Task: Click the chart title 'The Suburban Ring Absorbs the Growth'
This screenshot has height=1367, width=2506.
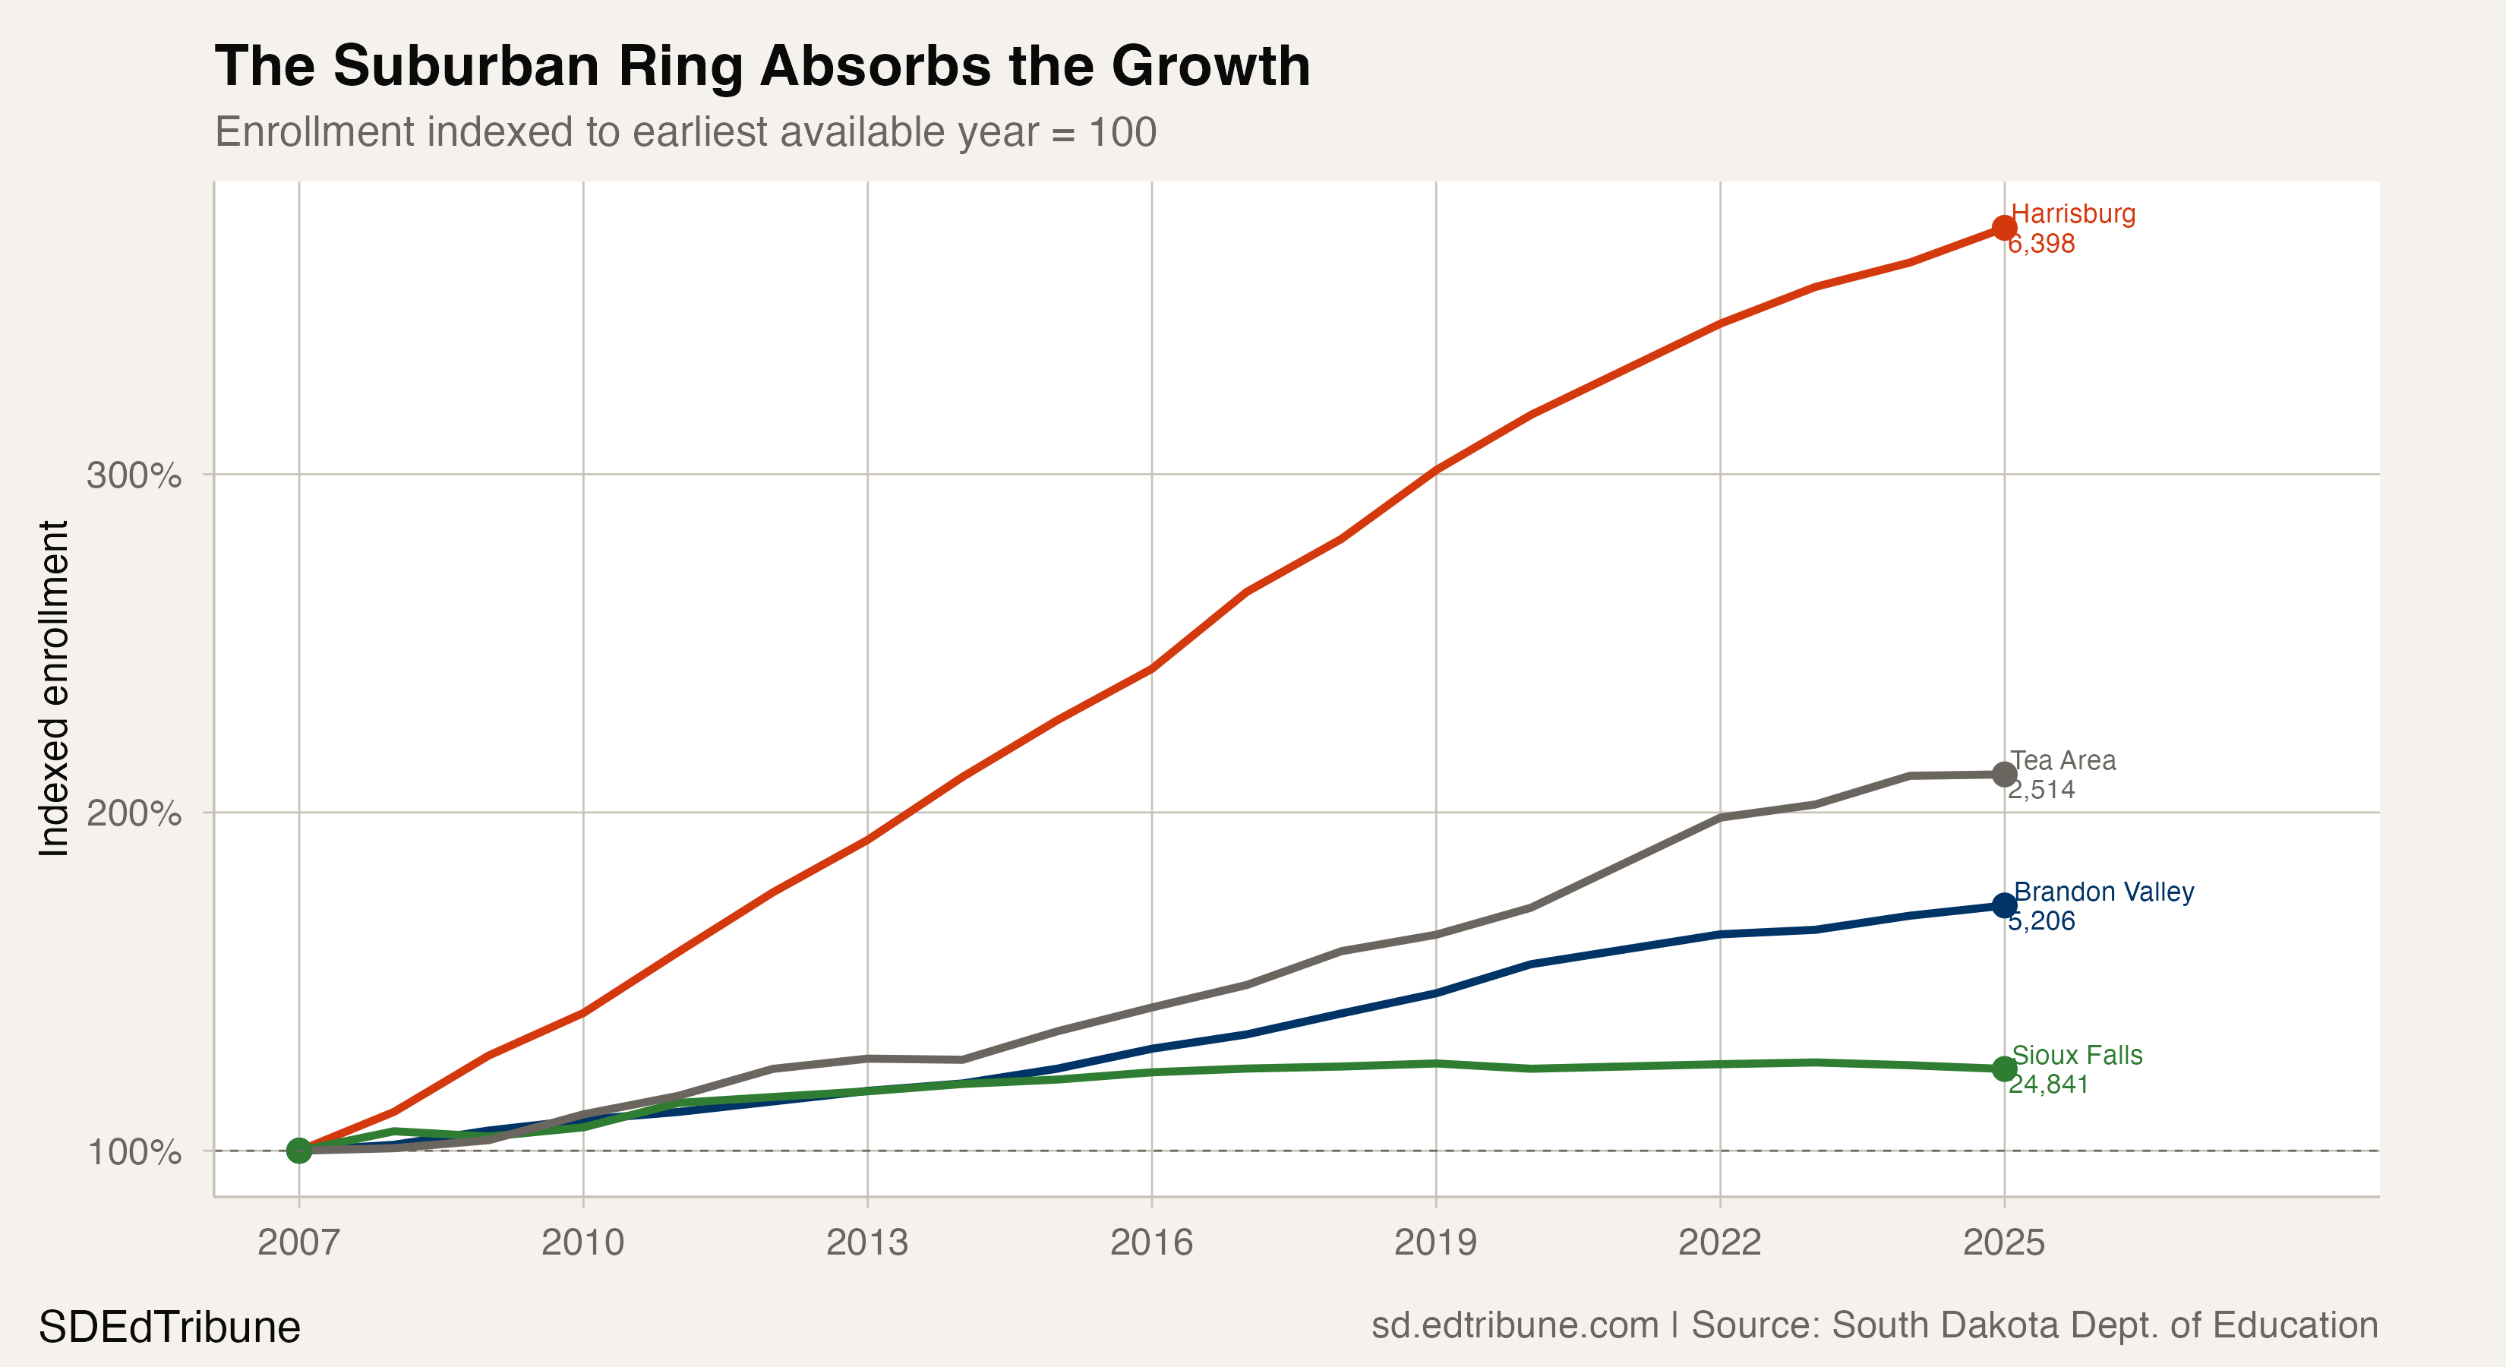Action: [x=762, y=66]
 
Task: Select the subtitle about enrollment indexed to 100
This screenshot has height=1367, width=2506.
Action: [x=685, y=132]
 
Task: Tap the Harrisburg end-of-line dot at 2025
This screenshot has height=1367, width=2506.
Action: [x=2004, y=228]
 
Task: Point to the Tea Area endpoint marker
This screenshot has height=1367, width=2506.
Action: [x=2004, y=775]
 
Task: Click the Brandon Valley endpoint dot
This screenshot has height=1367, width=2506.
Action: [x=2004, y=906]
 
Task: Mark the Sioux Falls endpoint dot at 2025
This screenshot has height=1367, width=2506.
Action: [x=2004, y=1069]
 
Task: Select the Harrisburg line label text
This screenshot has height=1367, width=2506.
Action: [x=2073, y=214]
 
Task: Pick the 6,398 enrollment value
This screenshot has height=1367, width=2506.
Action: [x=2042, y=243]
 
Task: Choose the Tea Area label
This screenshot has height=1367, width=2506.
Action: [x=2063, y=761]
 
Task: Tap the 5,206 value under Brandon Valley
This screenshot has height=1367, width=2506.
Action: [x=2042, y=920]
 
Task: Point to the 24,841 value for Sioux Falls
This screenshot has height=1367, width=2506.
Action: [x=2049, y=1084]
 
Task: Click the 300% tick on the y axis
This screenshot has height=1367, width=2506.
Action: [x=134, y=475]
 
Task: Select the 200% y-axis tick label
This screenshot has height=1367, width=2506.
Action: [x=134, y=813]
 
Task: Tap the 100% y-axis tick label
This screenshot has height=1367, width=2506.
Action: [x=134, y=1152]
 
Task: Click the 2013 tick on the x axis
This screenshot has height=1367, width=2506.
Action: [x=866, y=1242]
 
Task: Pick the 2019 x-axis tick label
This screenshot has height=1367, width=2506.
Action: [x=1435, y=1242]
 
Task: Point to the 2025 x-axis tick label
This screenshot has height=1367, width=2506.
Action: [x=2004, y=1242]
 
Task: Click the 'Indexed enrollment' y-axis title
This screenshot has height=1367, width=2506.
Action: [x=55, y=689]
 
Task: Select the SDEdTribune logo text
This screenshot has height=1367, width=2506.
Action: [x=169, y=1327]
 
